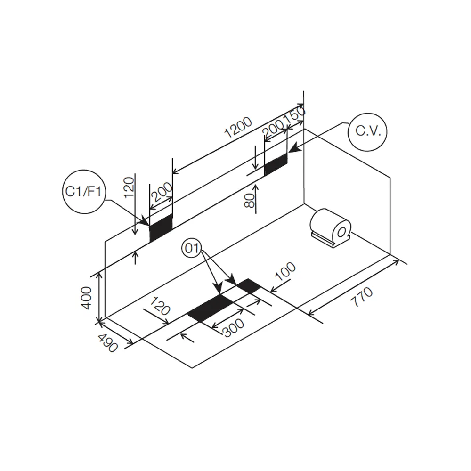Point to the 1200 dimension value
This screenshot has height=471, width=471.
[x=238, y=127]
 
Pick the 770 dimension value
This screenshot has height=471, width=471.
[x=362, y=297]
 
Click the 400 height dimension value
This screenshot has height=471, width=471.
[x=87, y=298]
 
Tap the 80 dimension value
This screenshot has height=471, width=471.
[x=250, y=200]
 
